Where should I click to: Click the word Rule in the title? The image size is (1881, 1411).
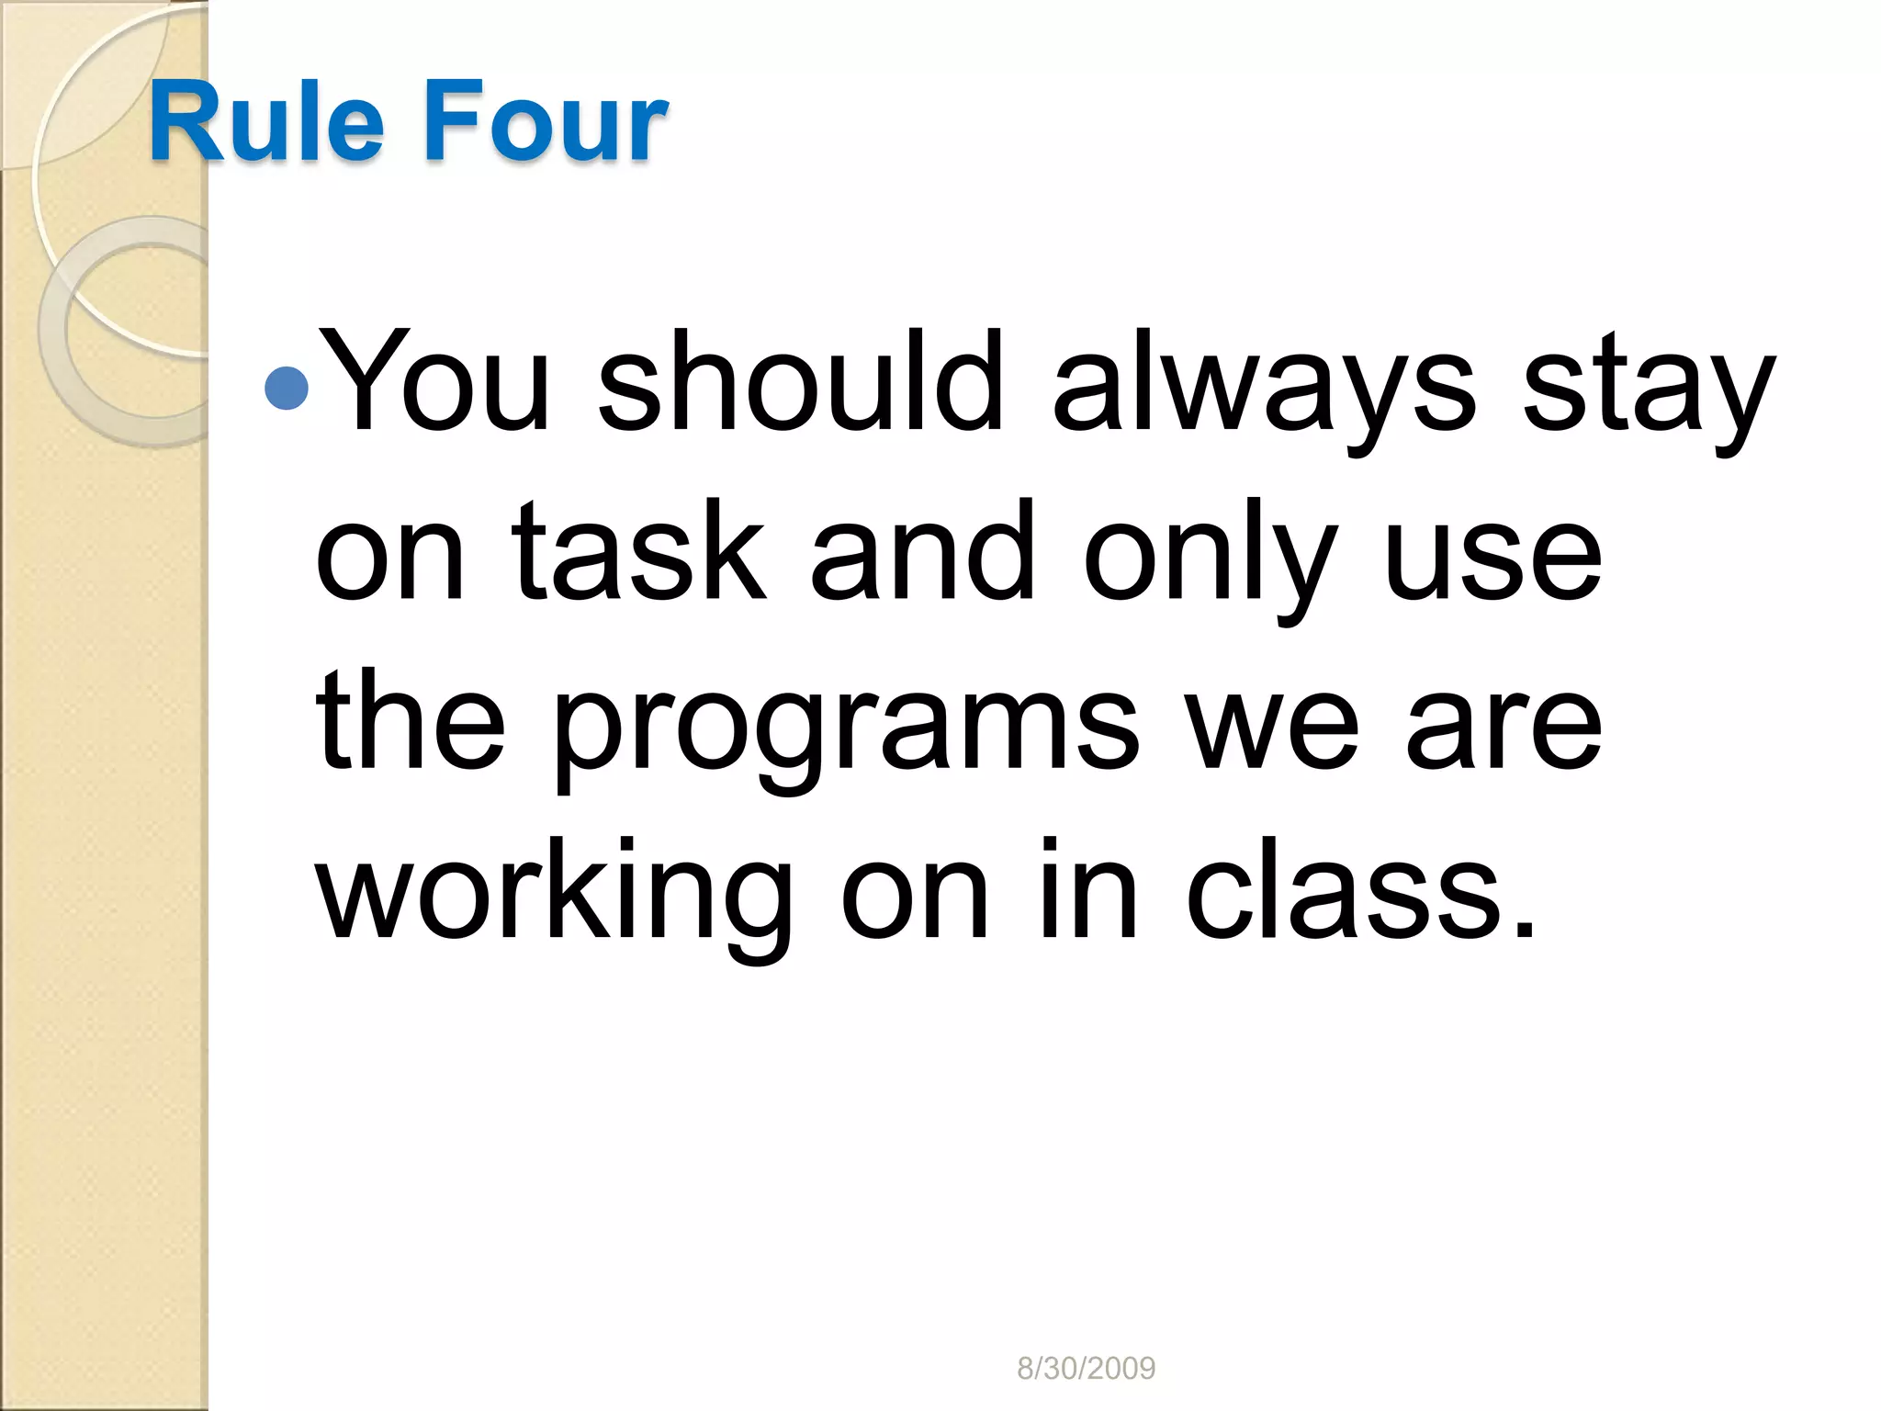pos(266,121)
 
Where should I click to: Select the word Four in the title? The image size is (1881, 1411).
pos(544,121)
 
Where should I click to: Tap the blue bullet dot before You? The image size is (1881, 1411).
pos(286,388)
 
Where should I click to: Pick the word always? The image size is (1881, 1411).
pos(1264,386)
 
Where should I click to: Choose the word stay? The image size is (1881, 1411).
pos(1649,390)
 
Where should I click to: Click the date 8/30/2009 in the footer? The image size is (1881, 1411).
pos(1086,1369)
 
